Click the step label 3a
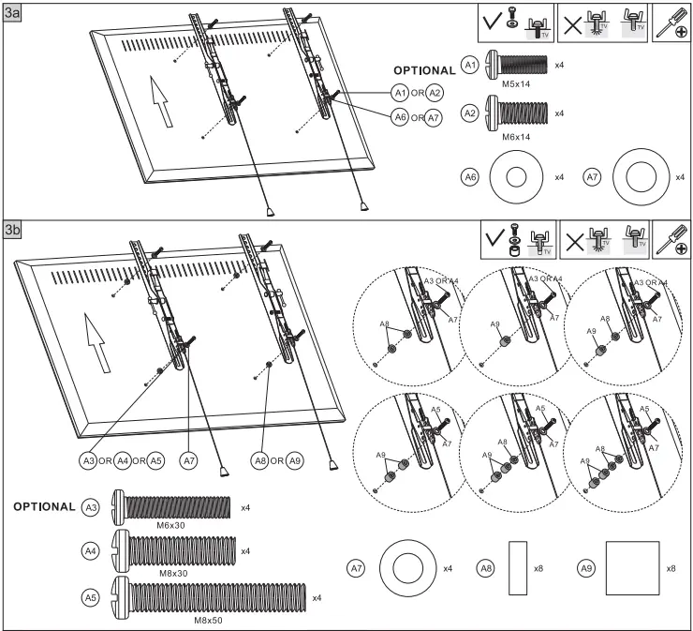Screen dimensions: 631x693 (x=14, y=13)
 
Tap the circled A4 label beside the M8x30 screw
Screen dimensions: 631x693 (x=91, y=552)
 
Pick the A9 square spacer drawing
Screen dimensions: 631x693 (x=632, y=568)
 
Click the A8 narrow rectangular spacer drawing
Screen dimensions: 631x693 (x=518, y=568)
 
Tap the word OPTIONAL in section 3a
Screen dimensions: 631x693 (x=423, y=70)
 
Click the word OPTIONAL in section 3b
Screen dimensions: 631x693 (x=44, y=506)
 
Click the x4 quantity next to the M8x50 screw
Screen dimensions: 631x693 (x=317, y=597)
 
